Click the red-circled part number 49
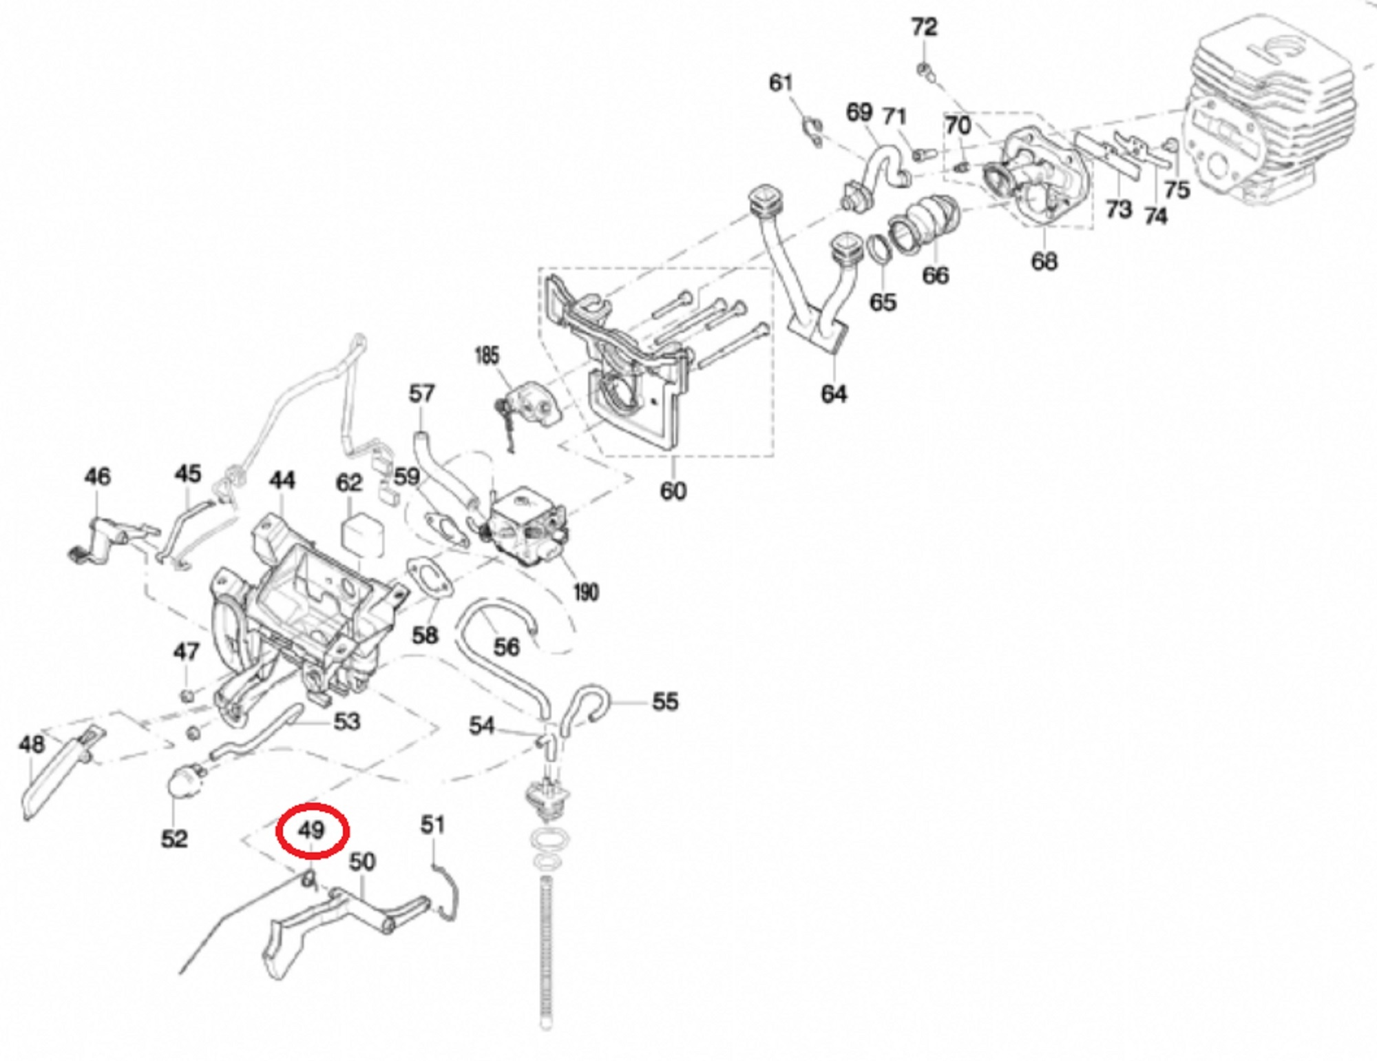tap(311, 830)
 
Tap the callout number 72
tap(924, 28)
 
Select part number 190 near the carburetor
tap(585, 592)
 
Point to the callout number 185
tap(487, 356)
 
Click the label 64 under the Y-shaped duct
tap(834, 394)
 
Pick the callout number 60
tap(673, 491)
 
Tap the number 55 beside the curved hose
tap(664, 701)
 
